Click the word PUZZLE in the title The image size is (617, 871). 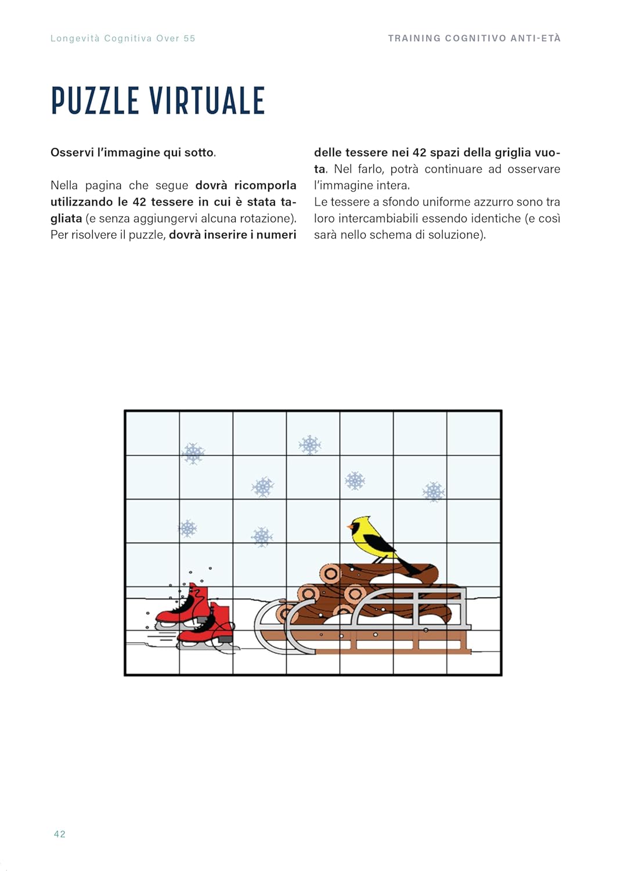click(x=95, y=100)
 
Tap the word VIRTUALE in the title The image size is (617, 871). click(x=207, y=100)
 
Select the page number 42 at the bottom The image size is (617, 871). click(x=59, y=834)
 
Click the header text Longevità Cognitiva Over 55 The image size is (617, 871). click(x=122, y=38)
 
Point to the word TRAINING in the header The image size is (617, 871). click(x=414, y=38)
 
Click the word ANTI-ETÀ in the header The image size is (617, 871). click(x=536, y=38)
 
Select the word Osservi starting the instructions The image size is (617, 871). click(x=71, y=153)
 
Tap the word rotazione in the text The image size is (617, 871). click(x=264, y=218)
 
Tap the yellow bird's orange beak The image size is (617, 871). click(x=349, y=527)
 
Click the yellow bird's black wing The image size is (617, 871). click(x=379, y=542)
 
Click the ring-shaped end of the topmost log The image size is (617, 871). click(x=331, y=574)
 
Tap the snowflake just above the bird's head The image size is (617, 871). click(x=355, y=481)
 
